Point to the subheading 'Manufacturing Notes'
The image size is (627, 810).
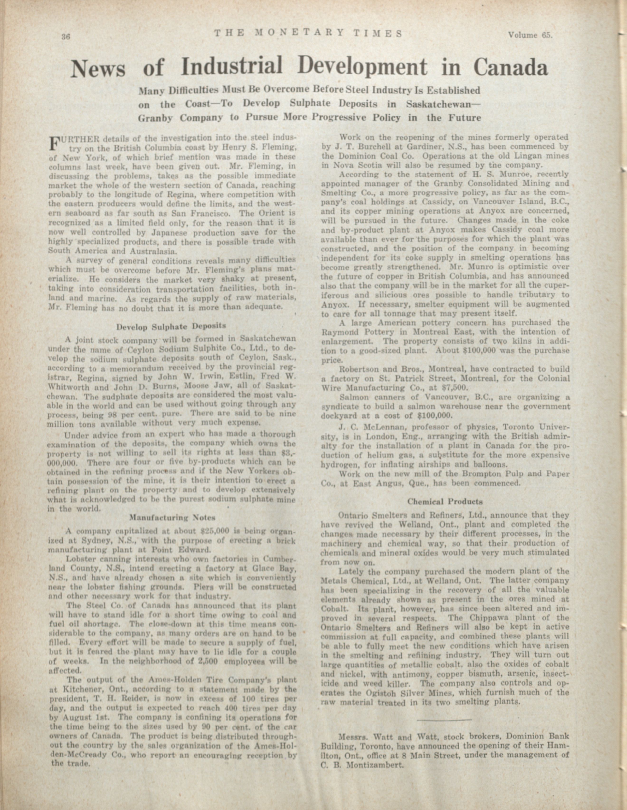tap(172, 517)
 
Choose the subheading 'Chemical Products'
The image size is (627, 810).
tap(445, 502)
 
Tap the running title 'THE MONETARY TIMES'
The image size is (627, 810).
tap(308, 34)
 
